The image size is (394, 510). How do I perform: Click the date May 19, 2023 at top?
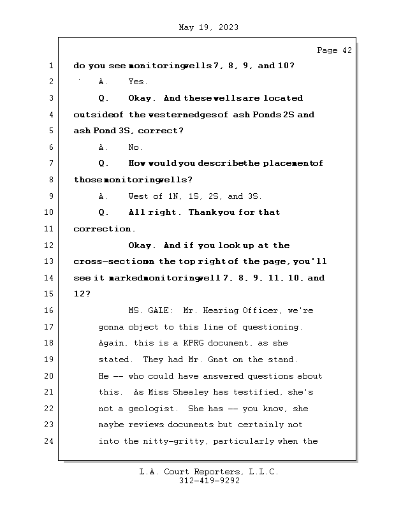click(209, 27)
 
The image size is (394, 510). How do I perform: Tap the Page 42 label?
click(334, 51)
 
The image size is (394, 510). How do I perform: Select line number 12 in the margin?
click(50, 245)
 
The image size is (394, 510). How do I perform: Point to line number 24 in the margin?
click(50, 441)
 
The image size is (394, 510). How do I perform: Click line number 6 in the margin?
click(50, 147)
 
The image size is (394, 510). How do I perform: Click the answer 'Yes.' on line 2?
click(138, 82)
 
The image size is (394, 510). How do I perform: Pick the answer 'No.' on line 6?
click(135, 147)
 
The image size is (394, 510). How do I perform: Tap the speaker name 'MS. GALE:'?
click(150, 311)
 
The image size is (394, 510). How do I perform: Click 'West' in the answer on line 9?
click(138, 196)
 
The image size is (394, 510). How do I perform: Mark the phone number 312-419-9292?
click(209, 481)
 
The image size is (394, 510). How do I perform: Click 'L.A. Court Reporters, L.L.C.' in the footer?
click(209, 472)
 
